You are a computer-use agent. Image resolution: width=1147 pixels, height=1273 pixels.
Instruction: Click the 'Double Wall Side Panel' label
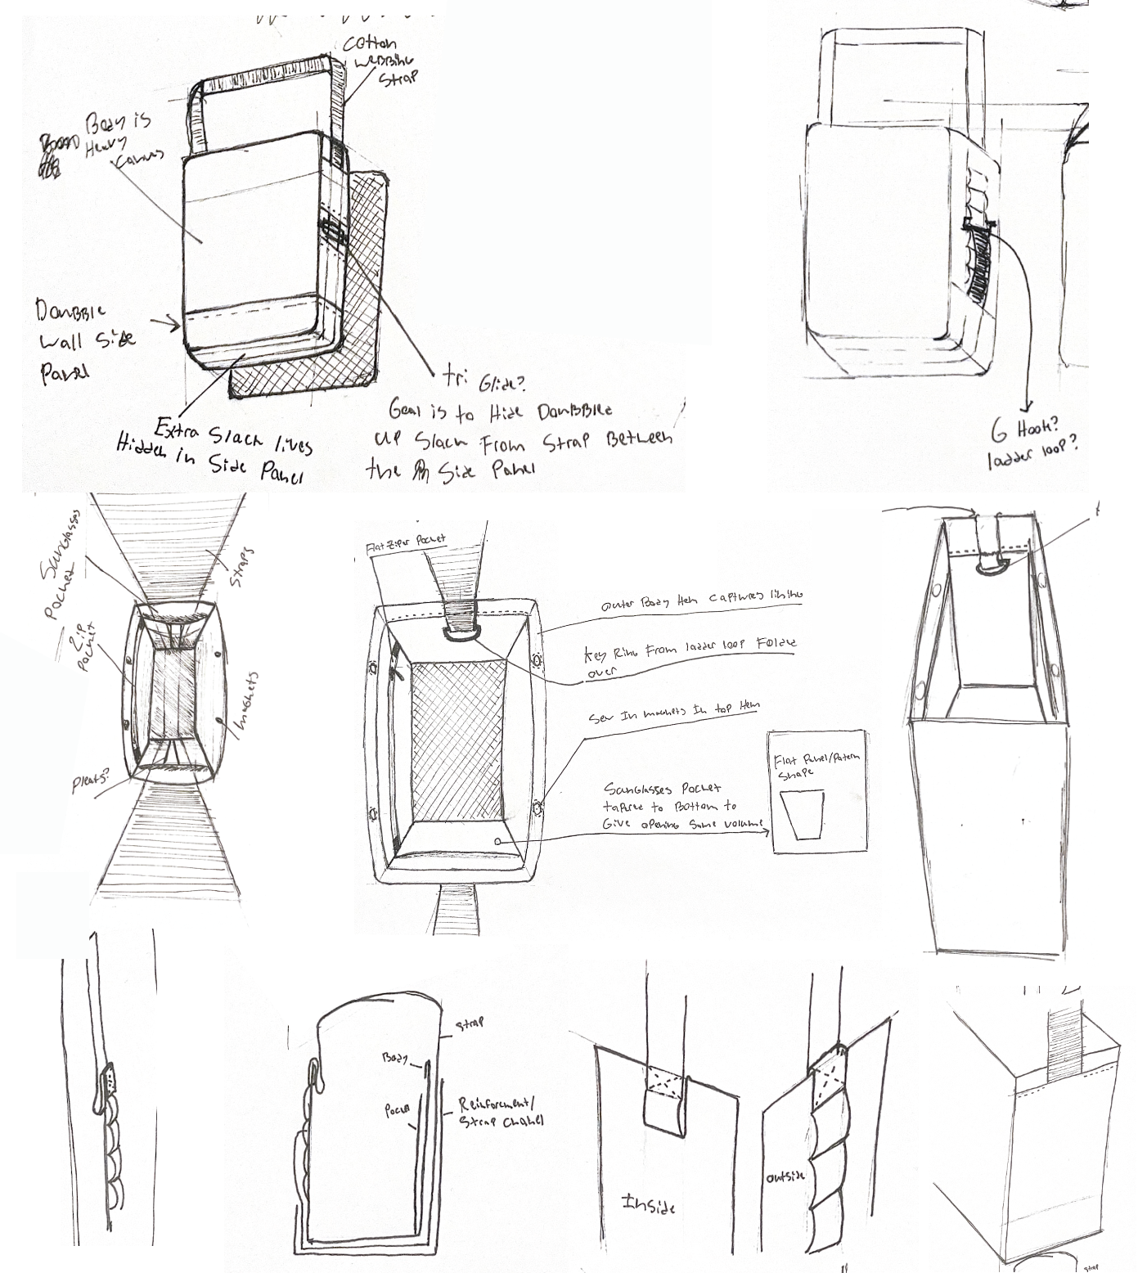(x=84, y=340)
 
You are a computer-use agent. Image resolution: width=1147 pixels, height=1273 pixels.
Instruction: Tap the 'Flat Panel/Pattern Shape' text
(x=817, y=766)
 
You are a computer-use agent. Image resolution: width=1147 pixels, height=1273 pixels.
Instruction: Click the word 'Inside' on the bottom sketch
(x=649, y=1203)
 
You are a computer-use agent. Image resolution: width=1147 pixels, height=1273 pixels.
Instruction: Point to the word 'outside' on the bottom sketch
(x=785, y=1176)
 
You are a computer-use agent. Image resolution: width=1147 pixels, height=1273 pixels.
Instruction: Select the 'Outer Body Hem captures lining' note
(x=702, y=601)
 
